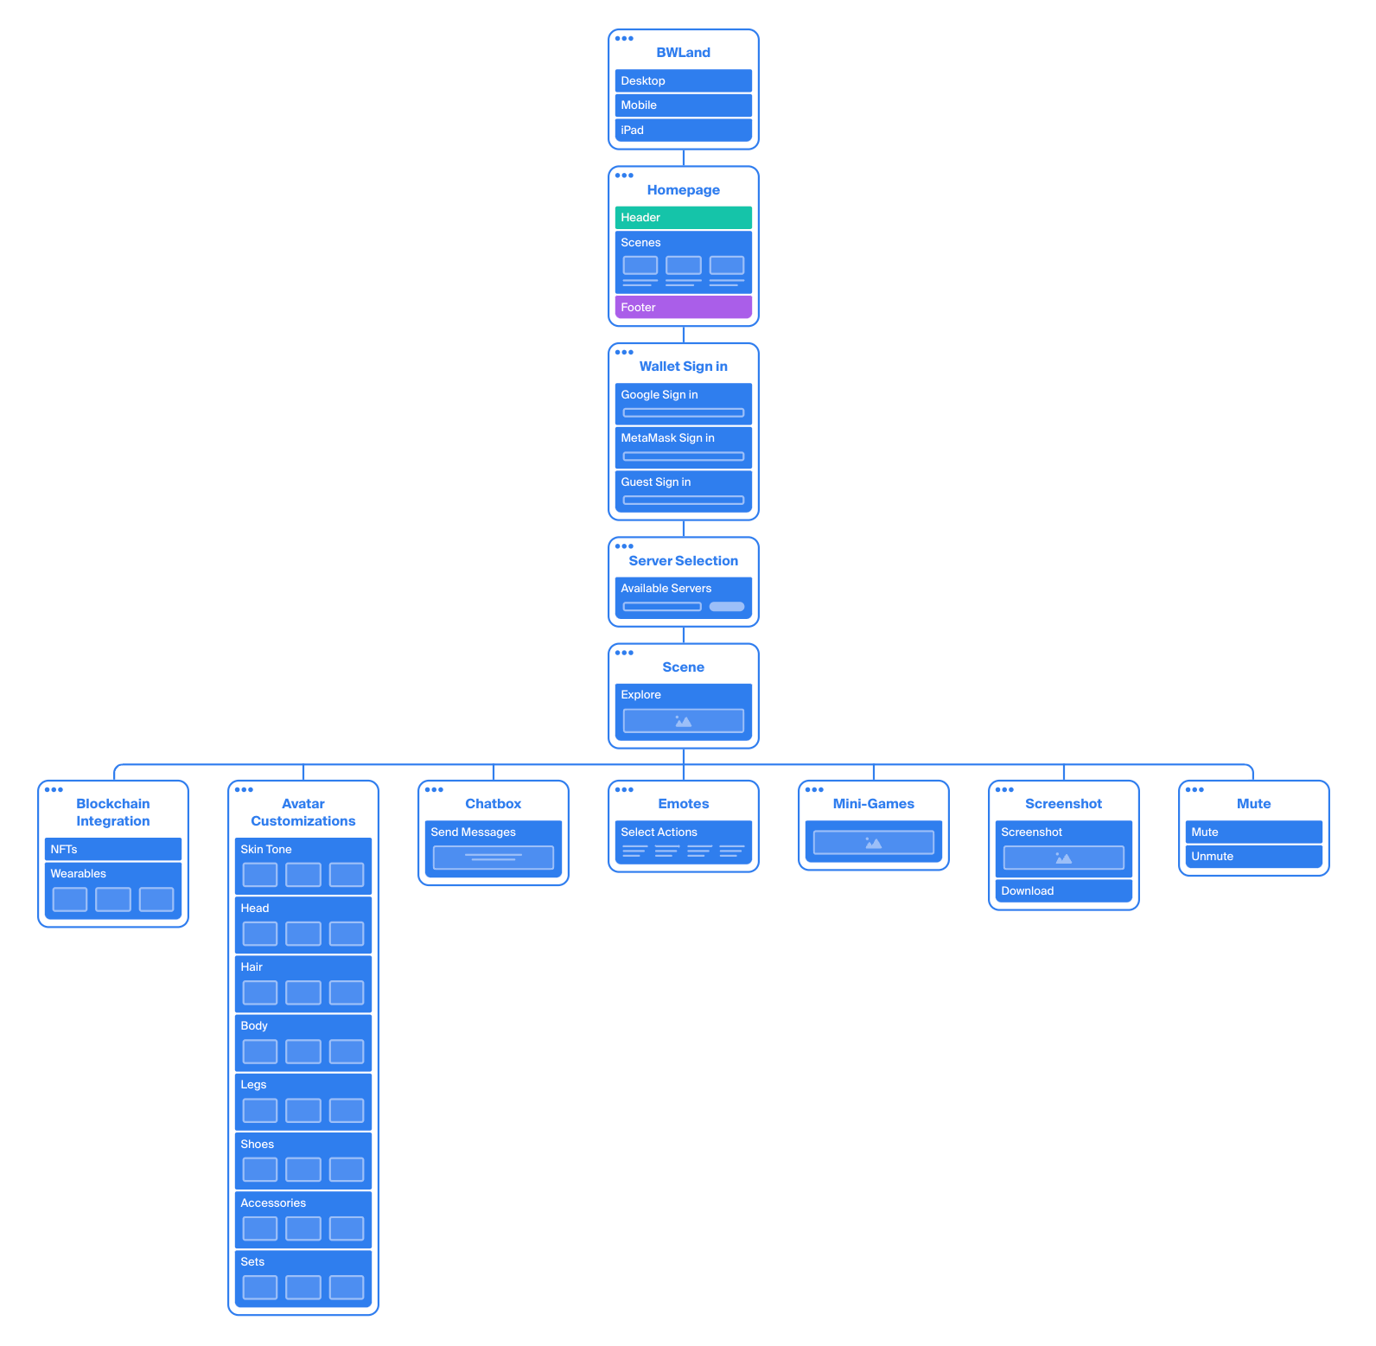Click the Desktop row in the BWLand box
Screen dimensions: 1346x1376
pyautogui.click(x=683, y=80)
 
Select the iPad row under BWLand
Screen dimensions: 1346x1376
pyautogui.click(x=683, y=130)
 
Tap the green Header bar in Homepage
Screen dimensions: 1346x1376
pyautogui.click(x=683, y=217)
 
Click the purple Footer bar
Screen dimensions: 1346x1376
pyautogui.click(x=683, y=307)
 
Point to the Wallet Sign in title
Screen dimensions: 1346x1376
pyautogui.click(x=683, y=367)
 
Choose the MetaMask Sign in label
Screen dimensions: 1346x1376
pyautogui.click(x=667, y=437)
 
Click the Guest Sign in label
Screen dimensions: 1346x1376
pyautogui.click(x=655, y=482)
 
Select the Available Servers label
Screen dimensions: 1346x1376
pyautogui.click(x=666, y=588)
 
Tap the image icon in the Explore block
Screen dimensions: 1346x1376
pyautogui.click(x=683, y=721)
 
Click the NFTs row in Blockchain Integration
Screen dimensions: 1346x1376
pyautogui.click(x=112, y=849)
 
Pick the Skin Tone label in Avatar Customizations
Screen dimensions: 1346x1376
pyautogui.click(x=265, y=849)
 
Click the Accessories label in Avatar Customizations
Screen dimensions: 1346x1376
pyautogui.click(x=273, y=1202)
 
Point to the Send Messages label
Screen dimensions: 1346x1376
pyautogui.click(x=473, y=832)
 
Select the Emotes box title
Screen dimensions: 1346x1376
pyautogui.click(x=683, y=804)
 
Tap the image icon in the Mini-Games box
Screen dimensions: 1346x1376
pyautogui.click(x=873, y=843)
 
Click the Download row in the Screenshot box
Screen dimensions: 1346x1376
pyautogui.click(x=1063, y=890)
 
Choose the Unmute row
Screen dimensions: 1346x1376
pyautogui.click(x=1253, y=856)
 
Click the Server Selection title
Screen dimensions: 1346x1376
pyautogui.click(x=683, y=561)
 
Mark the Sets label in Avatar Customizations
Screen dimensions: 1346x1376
pyautogui.click(x=252, y=1261)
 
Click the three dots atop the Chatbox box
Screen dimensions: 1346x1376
pyautogui.click(x=434, y=789)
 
